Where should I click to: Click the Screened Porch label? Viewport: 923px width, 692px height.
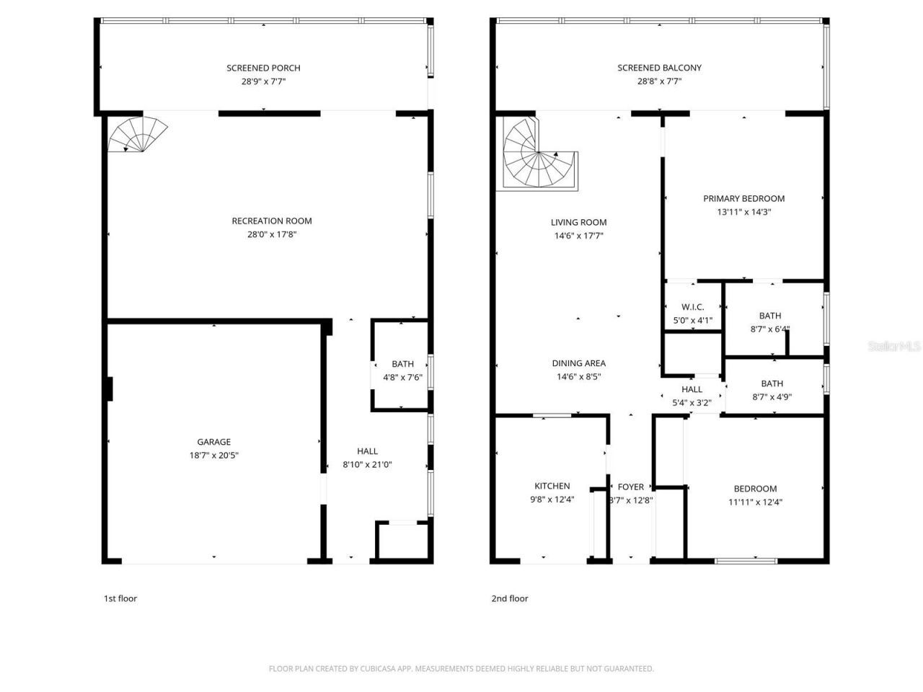point(263,68)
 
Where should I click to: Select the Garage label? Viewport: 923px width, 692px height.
point(214,442)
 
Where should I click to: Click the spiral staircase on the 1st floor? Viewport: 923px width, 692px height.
point(137,135)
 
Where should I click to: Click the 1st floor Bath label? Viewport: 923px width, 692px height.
point(402,364)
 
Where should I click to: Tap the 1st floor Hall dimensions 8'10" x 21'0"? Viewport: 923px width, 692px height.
point(367,465)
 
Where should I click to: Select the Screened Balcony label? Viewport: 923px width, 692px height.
point(659,68)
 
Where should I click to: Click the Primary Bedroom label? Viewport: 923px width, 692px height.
point(743,198)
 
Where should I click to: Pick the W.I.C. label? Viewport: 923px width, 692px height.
point(692,307)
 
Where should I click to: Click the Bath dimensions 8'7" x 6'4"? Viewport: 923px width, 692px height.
point(769,329)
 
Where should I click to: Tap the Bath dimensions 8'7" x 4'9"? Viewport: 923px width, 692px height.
point(771,396)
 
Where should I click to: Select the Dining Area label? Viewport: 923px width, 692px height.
point(578,363)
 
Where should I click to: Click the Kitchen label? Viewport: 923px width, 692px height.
point(552,486)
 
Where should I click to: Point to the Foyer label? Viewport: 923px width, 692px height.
point(631,487)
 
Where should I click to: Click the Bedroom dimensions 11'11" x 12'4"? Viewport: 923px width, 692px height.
point(755,502)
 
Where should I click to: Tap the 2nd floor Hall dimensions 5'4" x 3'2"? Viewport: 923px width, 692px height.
point(692,403)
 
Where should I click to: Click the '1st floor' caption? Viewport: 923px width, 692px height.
point(120,598)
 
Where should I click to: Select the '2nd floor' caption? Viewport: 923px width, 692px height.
point(509,598)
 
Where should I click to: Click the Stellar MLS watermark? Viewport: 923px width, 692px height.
point(894,347)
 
